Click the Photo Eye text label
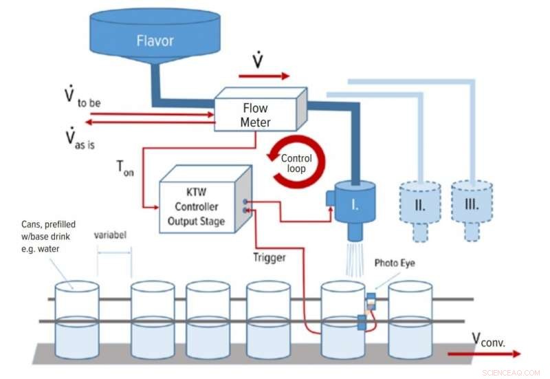(x=394, y=263)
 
